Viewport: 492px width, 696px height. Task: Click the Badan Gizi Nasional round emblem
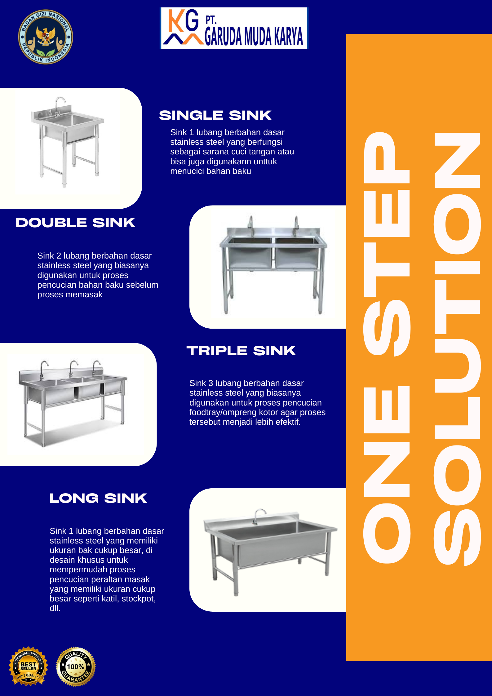(46, 37)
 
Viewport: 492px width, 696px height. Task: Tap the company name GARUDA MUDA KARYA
(254, 36)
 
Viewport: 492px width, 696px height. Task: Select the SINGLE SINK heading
(215, 115)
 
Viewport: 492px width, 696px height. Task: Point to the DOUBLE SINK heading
(75, 223)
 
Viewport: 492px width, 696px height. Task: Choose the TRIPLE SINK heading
(241, 351)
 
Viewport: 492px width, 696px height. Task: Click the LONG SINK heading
(98, 498)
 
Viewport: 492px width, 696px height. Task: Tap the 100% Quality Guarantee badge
(76, 667)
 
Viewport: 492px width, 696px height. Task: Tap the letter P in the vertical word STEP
(387, 157)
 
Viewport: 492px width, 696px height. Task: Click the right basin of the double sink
(297, 253)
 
